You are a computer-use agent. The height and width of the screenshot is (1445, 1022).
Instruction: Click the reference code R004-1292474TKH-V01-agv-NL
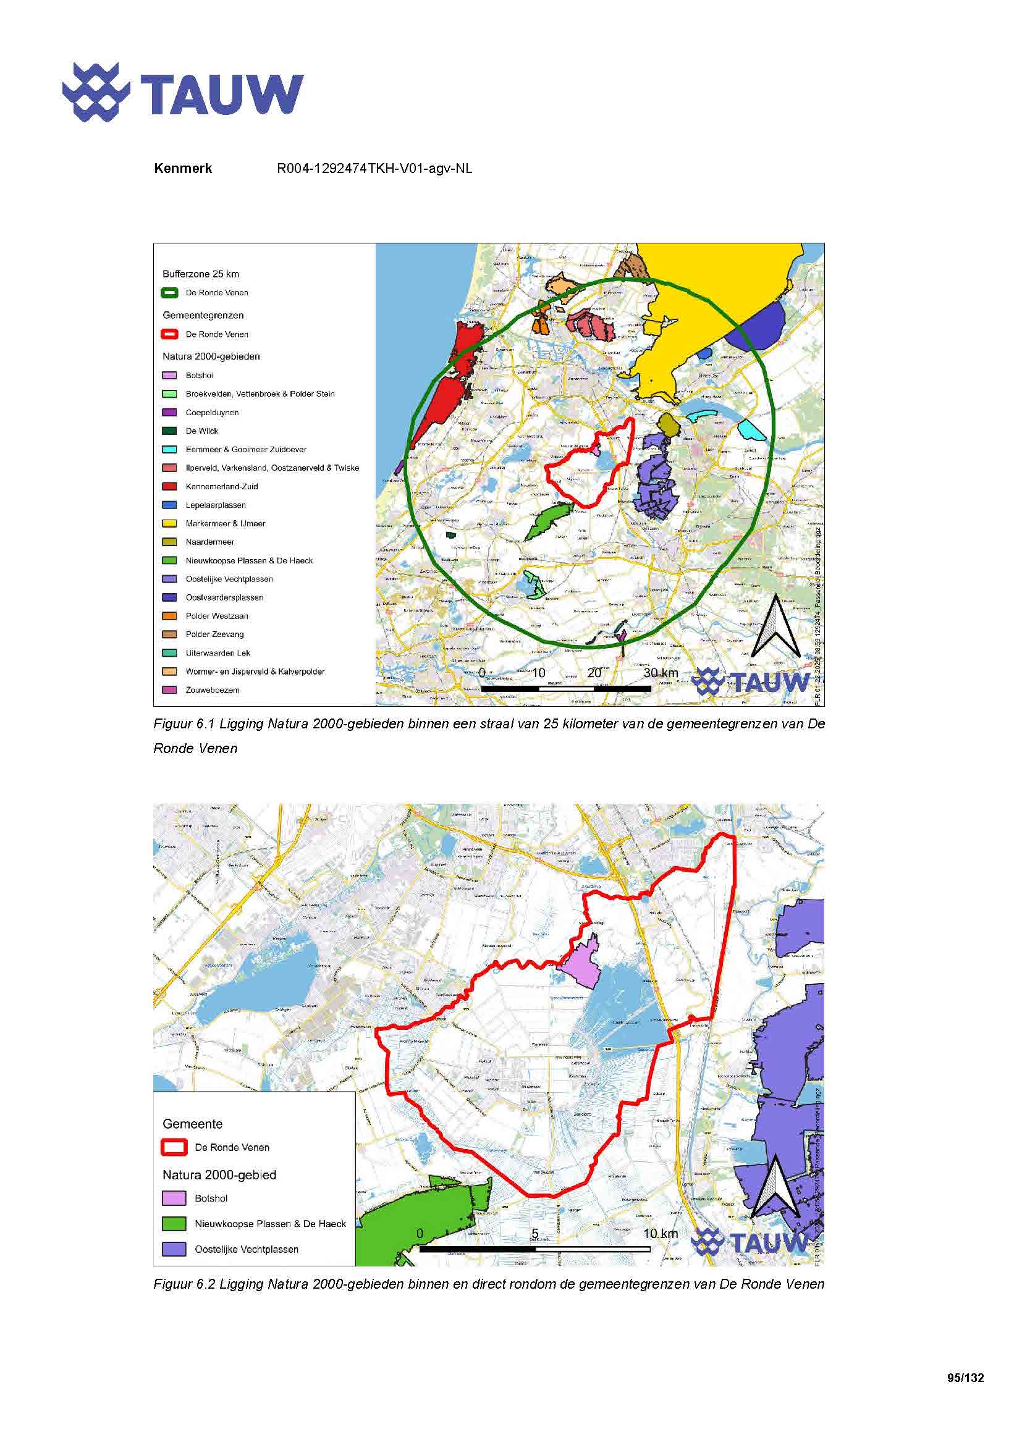click(374, 169)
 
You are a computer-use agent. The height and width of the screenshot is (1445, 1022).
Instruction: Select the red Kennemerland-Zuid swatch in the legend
click(169, 486)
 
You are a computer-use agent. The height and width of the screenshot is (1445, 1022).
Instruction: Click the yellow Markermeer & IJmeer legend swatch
click(169, 524)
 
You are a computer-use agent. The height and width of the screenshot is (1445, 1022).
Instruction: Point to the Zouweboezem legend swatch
click(169, 690)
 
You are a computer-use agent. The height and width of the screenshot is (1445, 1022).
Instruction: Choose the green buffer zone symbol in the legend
click(169, 293)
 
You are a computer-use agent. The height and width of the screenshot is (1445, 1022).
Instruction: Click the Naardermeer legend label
click(209, 542)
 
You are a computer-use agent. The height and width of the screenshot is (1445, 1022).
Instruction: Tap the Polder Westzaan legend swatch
click(169, 616)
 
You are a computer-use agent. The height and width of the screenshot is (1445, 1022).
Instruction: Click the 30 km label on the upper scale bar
click(660, 673)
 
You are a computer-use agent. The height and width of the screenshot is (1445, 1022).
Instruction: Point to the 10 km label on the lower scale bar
click(660, 1234)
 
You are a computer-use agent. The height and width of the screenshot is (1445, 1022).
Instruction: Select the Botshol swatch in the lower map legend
click(174, 1199)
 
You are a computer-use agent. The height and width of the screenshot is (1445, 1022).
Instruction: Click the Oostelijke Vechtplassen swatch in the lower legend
click(174, 1249)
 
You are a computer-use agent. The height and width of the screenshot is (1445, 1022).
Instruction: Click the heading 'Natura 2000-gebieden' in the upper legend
click(211, 356)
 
